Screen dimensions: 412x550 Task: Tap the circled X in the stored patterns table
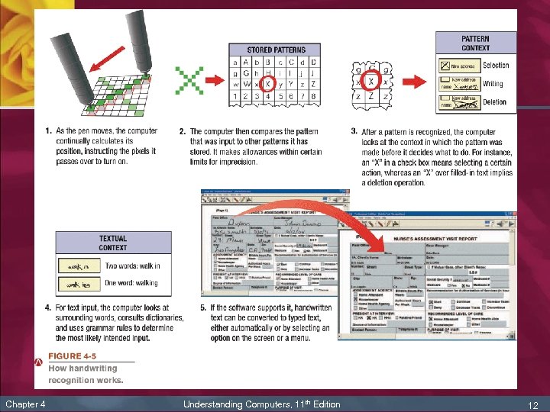coord(267,83)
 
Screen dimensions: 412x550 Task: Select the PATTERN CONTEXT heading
coord(475,43)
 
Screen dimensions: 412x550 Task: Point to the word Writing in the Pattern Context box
coord(493,84)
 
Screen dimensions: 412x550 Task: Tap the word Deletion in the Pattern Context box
coord(494,101)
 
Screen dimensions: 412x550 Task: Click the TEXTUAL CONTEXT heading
coord(112,243)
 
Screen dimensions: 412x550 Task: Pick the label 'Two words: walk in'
coord(132,266)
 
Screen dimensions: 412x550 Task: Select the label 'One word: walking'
coord(131,283)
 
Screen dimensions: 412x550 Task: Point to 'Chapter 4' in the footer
coord(25,404)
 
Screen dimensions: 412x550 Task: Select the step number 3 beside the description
coord(354,131)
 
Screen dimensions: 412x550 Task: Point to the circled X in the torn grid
coord(371,80)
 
